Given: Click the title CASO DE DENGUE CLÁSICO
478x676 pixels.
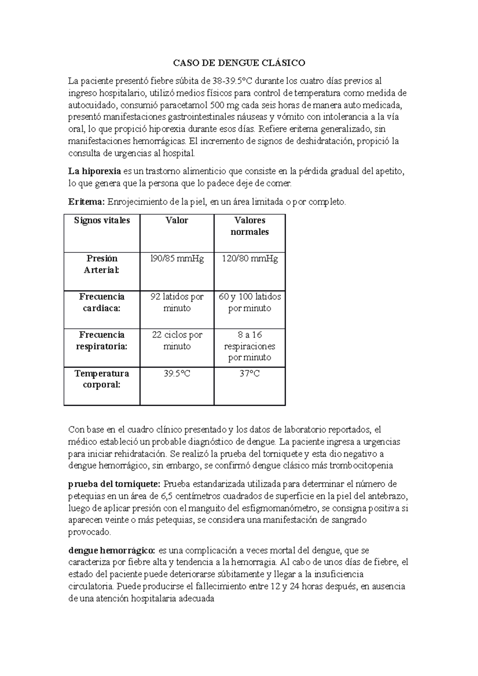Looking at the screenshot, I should click(239, 63).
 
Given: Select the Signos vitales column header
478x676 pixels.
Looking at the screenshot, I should click(102, 221).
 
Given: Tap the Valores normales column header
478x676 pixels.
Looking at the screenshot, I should click(250, 226).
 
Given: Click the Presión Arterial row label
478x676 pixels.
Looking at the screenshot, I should click(102, 264).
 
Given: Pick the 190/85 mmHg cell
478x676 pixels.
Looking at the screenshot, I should click(177, 259).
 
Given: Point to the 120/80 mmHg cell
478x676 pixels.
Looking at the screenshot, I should click(250, 259).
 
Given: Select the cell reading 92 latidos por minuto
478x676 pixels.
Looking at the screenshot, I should click(177, 303).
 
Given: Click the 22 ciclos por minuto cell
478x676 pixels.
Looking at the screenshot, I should click(177, 341).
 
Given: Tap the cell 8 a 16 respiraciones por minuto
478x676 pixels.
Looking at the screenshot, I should click(250, 346).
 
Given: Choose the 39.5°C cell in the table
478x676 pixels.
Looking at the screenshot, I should click(177, 374).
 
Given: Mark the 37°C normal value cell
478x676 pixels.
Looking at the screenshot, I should click(250, 374).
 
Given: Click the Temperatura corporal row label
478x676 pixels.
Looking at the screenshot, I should click(102, 379).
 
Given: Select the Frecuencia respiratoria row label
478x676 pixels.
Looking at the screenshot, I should click(102, 341).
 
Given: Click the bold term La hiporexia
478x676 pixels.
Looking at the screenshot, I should click(94, 172).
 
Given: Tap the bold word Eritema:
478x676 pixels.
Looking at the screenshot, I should click(86, 202).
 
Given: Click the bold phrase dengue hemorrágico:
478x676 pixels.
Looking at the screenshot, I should click(112, 551).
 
